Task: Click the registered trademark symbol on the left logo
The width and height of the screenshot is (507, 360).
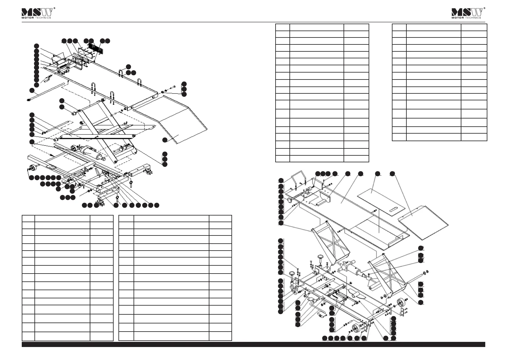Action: [54, 8]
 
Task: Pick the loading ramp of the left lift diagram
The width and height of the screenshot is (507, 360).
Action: [170, 119]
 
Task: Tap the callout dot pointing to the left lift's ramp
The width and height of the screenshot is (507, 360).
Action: [165, 140]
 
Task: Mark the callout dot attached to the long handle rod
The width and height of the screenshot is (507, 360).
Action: [32, 91]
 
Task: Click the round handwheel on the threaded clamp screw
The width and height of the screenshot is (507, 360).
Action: [289, 201]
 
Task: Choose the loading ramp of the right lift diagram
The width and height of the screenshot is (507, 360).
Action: [423, 222]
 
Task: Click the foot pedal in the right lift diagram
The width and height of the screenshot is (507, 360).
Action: [321, 315]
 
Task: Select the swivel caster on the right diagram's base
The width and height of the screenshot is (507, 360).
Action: [294, 290]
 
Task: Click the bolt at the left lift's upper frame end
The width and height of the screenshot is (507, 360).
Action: [173, 87]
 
